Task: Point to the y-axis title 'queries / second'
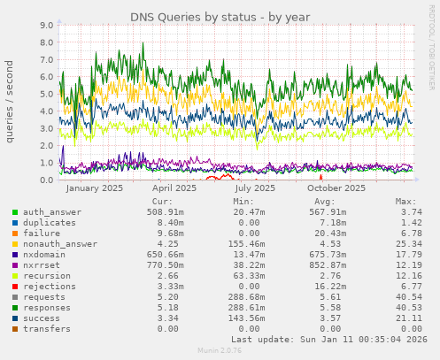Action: (10, 101)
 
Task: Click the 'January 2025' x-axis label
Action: (95, 188)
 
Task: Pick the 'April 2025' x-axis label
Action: (174, 188)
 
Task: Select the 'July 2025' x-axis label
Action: (256, 188)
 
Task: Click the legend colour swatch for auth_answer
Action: (15, 212)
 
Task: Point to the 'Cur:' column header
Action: (162, 202)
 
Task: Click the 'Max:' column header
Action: (405, 202)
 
